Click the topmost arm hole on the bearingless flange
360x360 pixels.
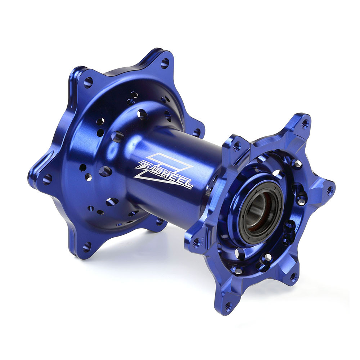(x=165, y=64)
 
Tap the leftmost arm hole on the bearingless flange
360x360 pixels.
(x=47, y=179)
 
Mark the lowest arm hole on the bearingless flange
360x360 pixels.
(x=87, y=247)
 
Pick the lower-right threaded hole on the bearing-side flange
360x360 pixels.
(x=293, y=276)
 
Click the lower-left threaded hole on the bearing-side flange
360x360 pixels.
(x=196, y=242)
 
